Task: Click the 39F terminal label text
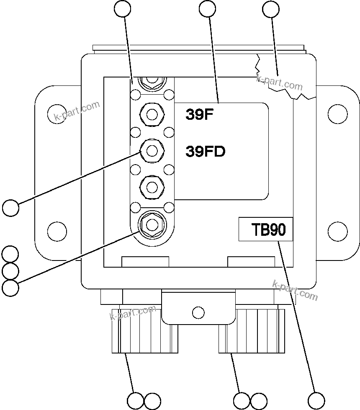tap(200, 115)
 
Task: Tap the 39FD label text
tap(205, 152)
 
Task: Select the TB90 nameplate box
tap(265, 229)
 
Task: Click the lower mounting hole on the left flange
tap(57, 230)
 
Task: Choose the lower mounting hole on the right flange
tap(337, 230)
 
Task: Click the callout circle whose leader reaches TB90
tap(316, 400)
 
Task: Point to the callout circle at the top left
tap(123, 9)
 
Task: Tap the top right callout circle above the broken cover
tap(270, 9)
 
